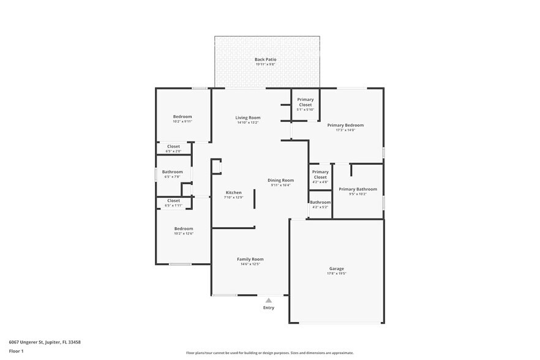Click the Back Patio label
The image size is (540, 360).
265,59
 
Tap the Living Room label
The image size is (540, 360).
248,118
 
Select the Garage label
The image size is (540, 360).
336,268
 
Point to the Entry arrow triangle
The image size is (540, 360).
268,300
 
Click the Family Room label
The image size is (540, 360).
250,259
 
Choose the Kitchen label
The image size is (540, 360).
233,192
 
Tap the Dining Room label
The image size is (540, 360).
280,180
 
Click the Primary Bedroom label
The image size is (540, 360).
345,125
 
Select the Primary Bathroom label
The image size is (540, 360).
358,189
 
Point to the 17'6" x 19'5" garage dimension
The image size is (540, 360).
336,274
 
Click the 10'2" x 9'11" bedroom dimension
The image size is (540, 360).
182,121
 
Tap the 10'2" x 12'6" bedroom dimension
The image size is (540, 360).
183,233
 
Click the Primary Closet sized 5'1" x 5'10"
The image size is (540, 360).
305,102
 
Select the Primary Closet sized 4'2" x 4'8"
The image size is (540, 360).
320,174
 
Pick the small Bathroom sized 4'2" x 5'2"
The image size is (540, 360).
320,202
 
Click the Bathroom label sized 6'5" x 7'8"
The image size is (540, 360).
172,172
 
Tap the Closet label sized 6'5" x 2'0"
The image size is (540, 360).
173,146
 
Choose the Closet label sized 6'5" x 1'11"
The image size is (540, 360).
173,200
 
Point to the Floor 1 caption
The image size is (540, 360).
16,351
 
